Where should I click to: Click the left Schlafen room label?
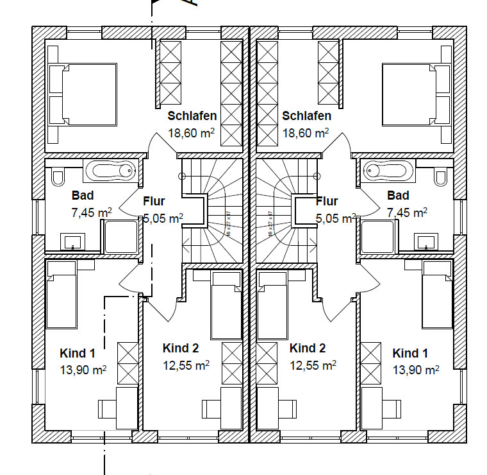coord(192,116)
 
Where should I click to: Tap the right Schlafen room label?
coord(306,116)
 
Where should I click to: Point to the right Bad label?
coord(398,195)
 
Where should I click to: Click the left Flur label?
coord(155,201)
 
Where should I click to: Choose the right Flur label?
coord(327,201)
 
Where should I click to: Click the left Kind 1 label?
coord(78,353)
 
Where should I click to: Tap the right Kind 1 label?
coord(410,353)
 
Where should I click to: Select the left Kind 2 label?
coord(181,349)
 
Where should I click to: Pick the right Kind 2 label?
coord(308,349)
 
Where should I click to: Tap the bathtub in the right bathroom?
coord(388,171)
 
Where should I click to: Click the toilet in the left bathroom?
coord(56,175)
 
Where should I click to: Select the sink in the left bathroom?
coord(72,242)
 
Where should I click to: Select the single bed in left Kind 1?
coord(61,298)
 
